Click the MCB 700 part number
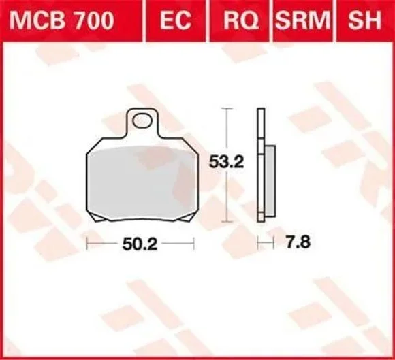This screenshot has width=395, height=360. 62,20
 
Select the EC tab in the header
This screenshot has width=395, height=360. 176,20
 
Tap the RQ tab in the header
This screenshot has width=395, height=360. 241,20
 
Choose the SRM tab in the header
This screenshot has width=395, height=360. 302,20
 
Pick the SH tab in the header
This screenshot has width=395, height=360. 364,20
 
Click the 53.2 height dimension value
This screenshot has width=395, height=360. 227,162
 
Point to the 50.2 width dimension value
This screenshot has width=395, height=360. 140,244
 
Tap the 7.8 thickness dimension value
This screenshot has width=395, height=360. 298,242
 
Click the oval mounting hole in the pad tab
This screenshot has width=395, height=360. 143,120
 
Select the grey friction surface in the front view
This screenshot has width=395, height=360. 142,182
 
